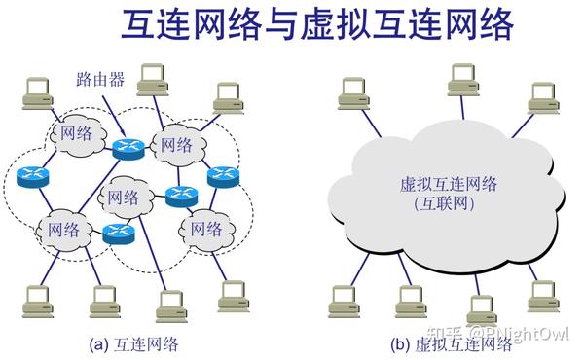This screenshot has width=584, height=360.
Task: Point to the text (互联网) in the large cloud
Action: click(448, 204)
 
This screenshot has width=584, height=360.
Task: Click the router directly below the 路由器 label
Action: click(128, 148)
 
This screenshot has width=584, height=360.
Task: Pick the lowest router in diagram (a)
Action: click(116, 234)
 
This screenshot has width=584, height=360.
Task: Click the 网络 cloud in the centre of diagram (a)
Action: click(124, 198)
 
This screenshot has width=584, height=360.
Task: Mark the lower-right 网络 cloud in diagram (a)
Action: click(204, 230)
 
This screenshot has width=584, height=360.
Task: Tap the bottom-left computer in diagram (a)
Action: click(39, 297)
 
